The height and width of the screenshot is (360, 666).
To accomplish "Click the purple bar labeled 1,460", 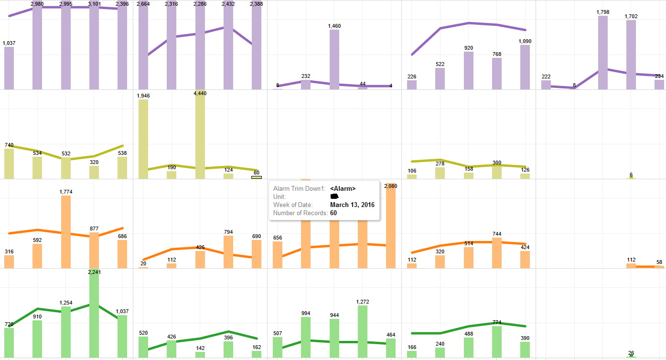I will [334, 60].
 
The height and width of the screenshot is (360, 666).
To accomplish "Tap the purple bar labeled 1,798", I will [602, 53].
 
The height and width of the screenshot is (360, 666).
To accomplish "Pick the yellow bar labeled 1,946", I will [143, 139].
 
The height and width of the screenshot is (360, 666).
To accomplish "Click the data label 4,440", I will [200, 93].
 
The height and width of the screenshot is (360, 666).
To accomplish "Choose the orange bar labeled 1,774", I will [66, 232].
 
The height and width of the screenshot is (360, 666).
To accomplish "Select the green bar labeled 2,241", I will [94, 316].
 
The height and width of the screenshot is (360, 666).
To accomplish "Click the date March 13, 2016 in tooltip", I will [352, 205].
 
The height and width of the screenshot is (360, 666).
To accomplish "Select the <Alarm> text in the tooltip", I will [343, 188].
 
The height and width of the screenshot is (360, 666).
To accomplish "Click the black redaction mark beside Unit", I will [334, 196].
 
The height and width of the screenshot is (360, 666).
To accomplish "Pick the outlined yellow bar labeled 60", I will [257, 177].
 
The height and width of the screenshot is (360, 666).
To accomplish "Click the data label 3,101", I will [94, 4].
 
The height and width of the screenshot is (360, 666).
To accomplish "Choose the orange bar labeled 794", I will [228, 252].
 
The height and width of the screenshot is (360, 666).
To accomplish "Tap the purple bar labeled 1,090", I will [525, 67].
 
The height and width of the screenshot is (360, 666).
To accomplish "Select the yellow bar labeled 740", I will [9, 164].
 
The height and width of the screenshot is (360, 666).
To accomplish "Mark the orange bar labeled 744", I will [497, 253].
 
